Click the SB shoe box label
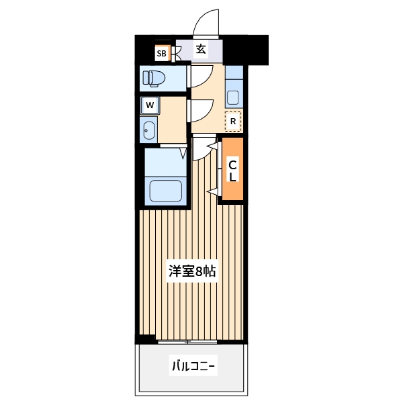coord(161,53)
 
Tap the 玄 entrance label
coord(201,49)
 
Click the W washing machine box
coord(150,105)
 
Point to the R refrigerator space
coord(232,121)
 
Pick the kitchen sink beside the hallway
coord(233,93)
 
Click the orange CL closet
coord(232,171)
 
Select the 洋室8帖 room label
coord(192,271)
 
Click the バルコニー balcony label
coord(193,367)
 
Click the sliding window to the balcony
coord(192,341)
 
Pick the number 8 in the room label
coord(200,271)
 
